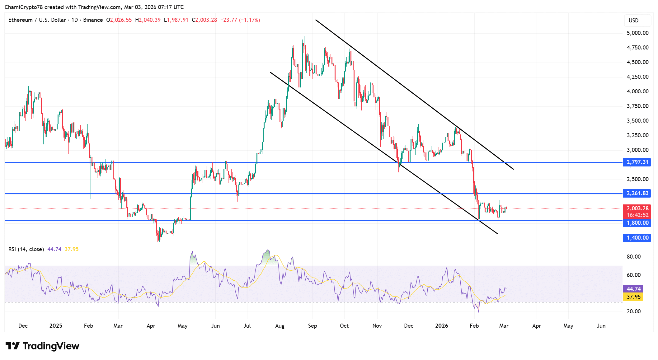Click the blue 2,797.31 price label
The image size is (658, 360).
(x=637, y=162)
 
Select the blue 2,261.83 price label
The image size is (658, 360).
(x=637, y=193)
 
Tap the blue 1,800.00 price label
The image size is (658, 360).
(x=637, y=223)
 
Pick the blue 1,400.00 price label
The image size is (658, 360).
(x=637, y=238)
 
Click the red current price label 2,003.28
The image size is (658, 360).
(x=637, y=208)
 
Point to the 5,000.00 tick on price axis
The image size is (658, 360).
(x=637, y=33)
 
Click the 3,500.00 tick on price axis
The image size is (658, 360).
(x=637, y=121)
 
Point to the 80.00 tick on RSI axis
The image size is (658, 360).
(x=634, y=257)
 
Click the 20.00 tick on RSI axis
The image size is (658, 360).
(x=634, y=311)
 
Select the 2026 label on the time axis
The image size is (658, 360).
(x=441, y=326)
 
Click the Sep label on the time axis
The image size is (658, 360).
(x=313, y=326)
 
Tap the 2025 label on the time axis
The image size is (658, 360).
(x=56, y=326)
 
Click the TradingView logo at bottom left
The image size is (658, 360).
(x=42, y=346)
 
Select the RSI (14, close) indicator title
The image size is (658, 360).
(x=26, y=249)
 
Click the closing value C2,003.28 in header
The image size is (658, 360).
(x=204, y=20)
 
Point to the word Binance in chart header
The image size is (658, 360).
(x=93, y=20)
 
